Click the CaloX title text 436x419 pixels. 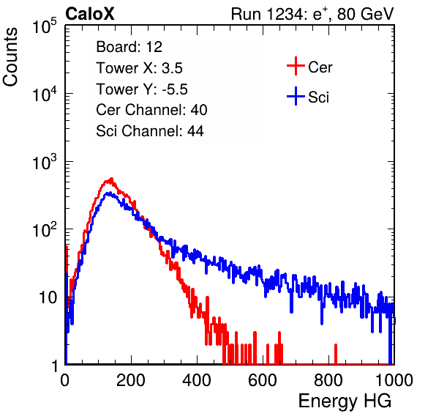coord(89,14)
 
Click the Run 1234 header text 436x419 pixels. coord(312,14)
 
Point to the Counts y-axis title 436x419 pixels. coord(10,57)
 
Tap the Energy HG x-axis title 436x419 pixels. coord(345,401)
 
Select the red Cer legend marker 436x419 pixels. coord(296,66)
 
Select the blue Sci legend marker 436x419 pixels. coord(296,97)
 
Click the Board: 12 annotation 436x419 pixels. coord(129,47)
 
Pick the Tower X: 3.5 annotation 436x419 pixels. coord(139,68)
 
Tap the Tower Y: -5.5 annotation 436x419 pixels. coord(142,89)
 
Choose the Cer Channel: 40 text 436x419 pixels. coord(151,110)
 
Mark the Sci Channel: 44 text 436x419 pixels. coord(150,131)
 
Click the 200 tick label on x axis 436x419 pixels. coord(131,380)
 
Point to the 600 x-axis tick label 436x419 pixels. coord(263,380)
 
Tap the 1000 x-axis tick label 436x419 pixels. coord(394,380)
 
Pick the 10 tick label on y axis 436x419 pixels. coord(48,298)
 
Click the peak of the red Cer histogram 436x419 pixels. coord(111,179)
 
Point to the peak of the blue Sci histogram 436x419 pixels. coord(110,193)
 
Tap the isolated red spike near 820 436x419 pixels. coord(336,354)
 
